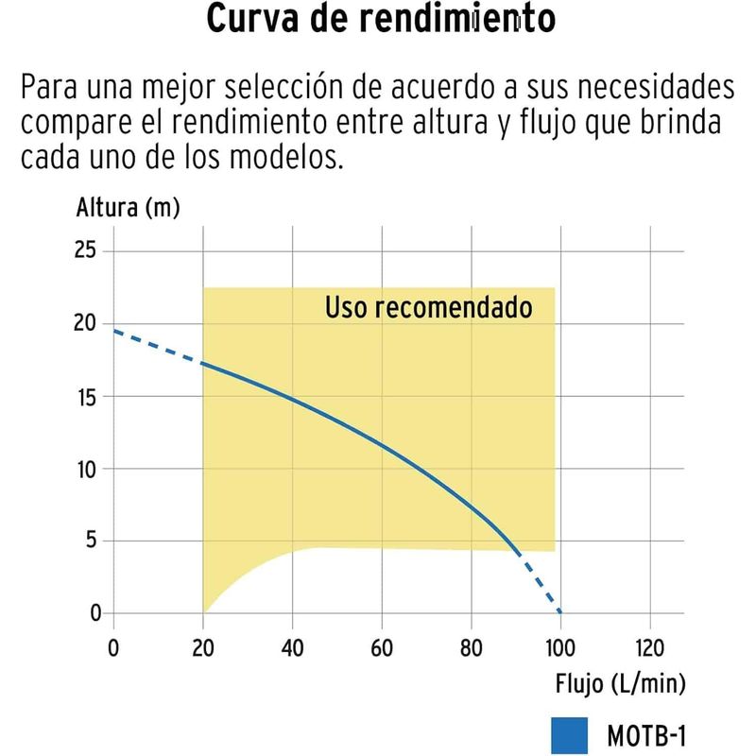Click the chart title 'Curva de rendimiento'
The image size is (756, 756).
point(379,20)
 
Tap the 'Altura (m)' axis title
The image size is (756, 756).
point(128,209)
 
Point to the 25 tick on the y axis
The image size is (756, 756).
point(87,251)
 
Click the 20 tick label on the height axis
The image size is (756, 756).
point(87,323)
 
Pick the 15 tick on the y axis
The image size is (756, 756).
point(88,396)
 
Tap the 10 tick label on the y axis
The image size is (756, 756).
point(87,469)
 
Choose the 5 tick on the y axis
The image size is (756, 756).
point(93,541)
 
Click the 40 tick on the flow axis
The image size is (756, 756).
point(292,648)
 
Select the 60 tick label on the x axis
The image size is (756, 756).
point(382,648)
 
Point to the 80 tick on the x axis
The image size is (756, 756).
point(471,648)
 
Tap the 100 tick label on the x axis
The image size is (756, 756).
point(560,648)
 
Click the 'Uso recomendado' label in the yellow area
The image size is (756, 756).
point(428,308)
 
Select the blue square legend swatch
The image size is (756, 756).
point(568,733)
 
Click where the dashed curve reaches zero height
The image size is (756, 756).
point(560,613)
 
